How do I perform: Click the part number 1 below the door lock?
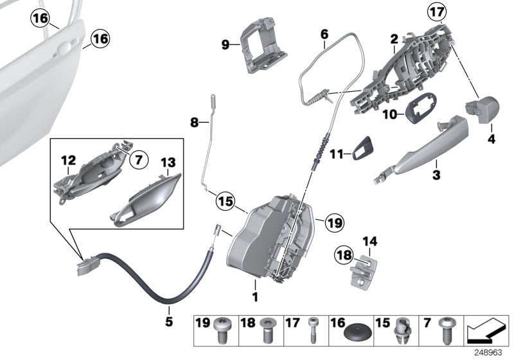[255, 297]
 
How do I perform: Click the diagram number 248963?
[493, 353]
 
